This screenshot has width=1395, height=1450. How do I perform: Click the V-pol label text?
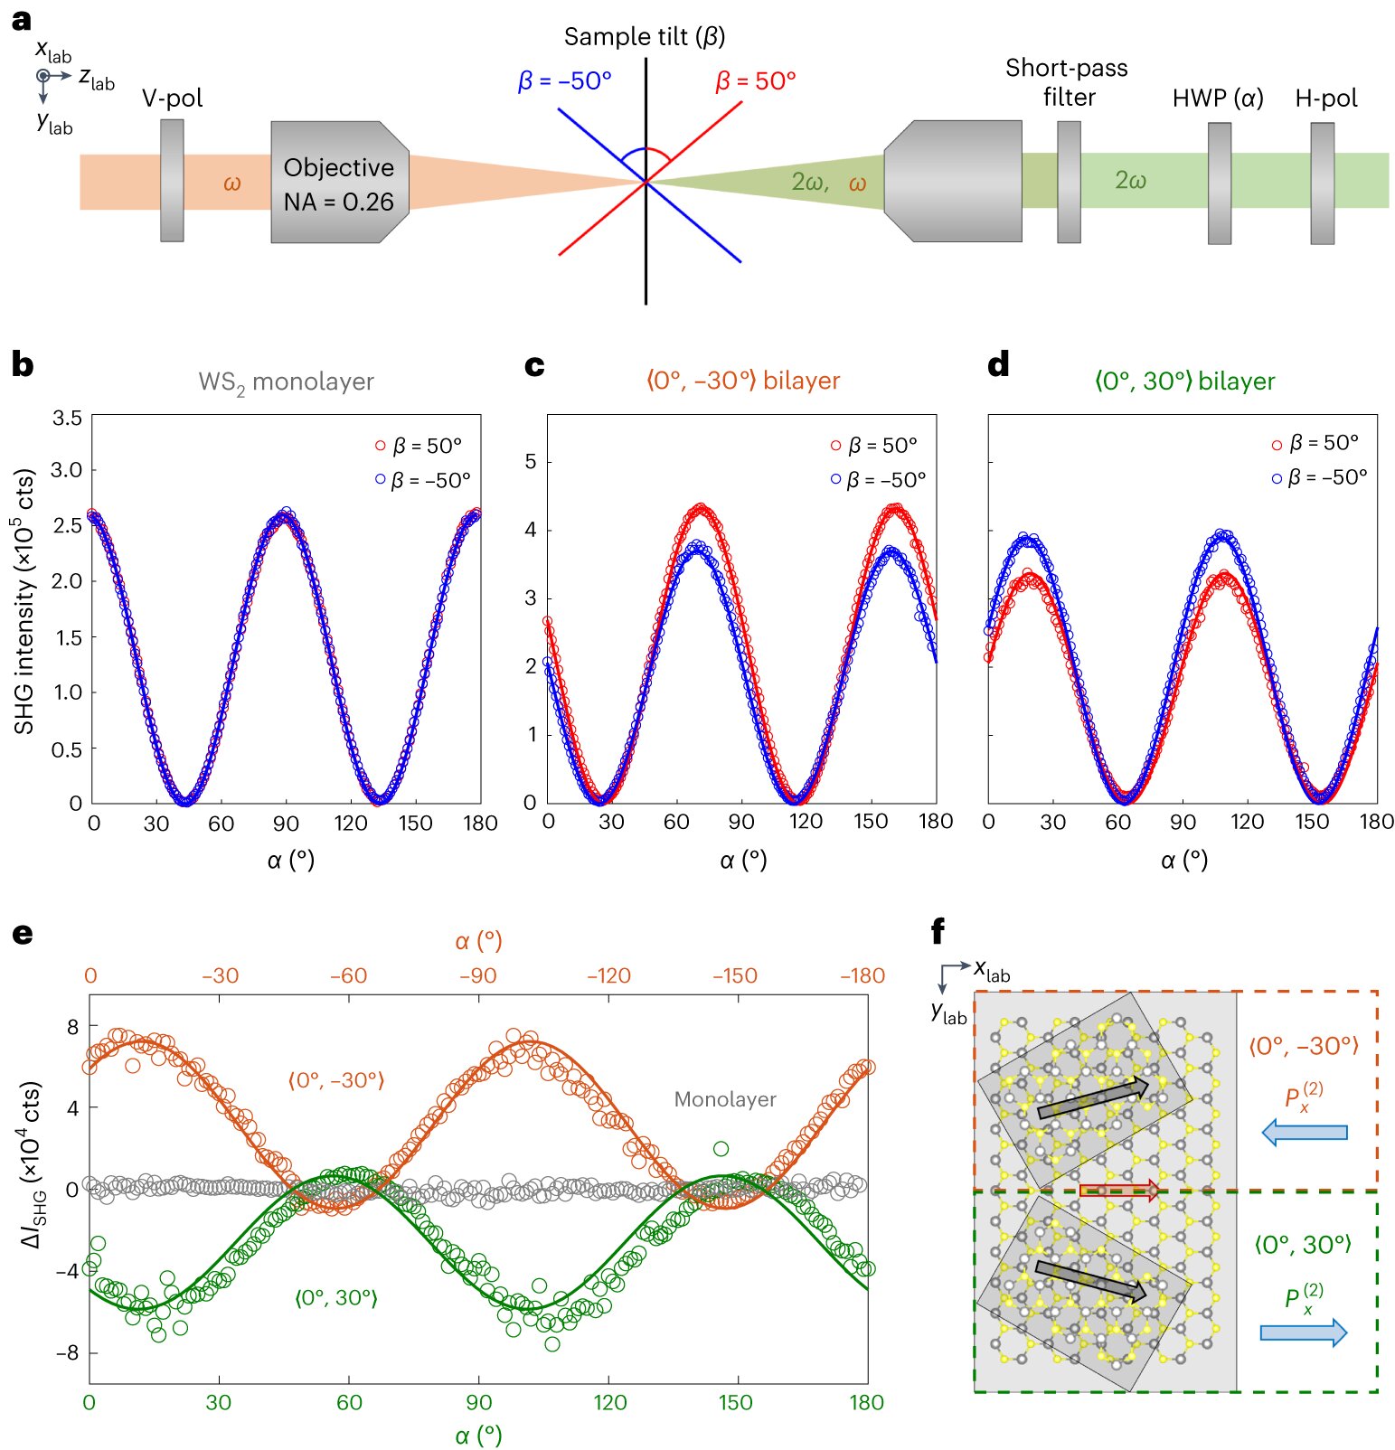[172, 98]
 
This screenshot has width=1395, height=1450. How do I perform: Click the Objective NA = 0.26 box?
[339, 184]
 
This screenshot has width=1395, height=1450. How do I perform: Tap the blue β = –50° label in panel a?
[564, 81]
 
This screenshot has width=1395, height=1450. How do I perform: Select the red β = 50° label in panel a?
[755, 81]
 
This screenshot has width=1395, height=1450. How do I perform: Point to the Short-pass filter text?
[1067, 82]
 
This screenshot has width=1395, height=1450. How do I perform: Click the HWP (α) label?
[1217, 98]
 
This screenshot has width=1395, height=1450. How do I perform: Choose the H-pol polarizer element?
[1322, 184]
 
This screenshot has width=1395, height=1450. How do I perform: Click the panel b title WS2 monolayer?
[286, 381]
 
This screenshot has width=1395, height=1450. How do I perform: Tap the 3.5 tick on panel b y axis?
[67, 418]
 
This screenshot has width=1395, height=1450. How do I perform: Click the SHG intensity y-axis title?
[24, 601]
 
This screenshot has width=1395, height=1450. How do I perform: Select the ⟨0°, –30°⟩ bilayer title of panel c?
[743, 381]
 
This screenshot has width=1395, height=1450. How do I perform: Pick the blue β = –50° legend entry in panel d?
[1319, 477]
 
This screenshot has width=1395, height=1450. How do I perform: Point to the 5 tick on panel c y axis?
[531, 462]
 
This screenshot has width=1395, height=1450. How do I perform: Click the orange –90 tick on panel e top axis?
[477, 976]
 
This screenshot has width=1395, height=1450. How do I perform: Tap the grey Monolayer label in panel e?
[725, 1099]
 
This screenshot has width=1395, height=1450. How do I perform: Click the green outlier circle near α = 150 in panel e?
[721, 1149]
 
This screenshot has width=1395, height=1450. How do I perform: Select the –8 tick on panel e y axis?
[68, 1353]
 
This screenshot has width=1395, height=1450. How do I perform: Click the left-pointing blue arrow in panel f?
[1304, 1132]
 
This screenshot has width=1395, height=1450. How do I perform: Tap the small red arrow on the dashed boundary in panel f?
[1119, 1190]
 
